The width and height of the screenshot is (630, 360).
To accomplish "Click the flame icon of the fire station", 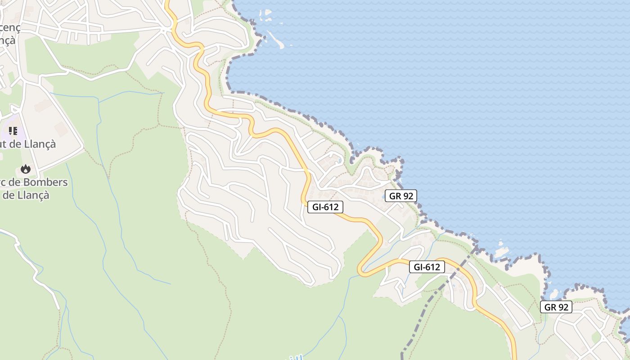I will click(26, 169).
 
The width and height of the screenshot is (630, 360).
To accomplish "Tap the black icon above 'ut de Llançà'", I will click(13, 131).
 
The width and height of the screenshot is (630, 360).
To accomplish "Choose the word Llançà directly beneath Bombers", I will click(32, 196).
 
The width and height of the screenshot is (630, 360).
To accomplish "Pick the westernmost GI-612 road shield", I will click(325, 207).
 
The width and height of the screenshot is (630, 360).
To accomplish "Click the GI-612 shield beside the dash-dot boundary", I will click(427, 267).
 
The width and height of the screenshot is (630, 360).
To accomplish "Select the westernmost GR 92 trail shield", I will click(400, 196).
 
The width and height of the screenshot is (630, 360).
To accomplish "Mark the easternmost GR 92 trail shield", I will click(556, 307).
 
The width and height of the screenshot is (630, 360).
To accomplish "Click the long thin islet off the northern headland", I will click(275, 39).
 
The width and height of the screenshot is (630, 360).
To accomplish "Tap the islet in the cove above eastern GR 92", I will click(553, 295).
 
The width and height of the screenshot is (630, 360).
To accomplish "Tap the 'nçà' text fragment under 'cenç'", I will click(8, 40).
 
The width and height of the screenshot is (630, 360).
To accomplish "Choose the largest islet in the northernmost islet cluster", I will click(268, 13).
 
